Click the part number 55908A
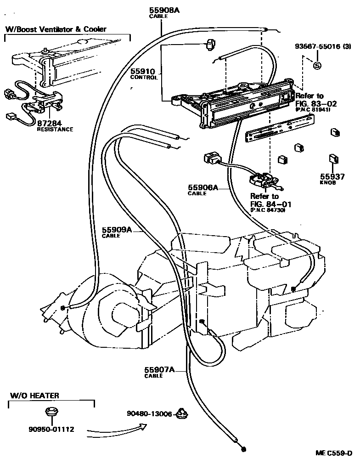coord(164,9)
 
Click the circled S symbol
coord(316,65)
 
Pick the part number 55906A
coord(202,187)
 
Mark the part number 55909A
coord(117,230)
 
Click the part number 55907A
coord(159,369)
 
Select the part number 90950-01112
coord(51,430)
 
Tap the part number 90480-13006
coord(149,414)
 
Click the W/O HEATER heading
coord(34,395)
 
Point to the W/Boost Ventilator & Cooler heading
coord(56,29)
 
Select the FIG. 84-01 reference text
coord(270,204)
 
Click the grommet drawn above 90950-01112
coord(51,412)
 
